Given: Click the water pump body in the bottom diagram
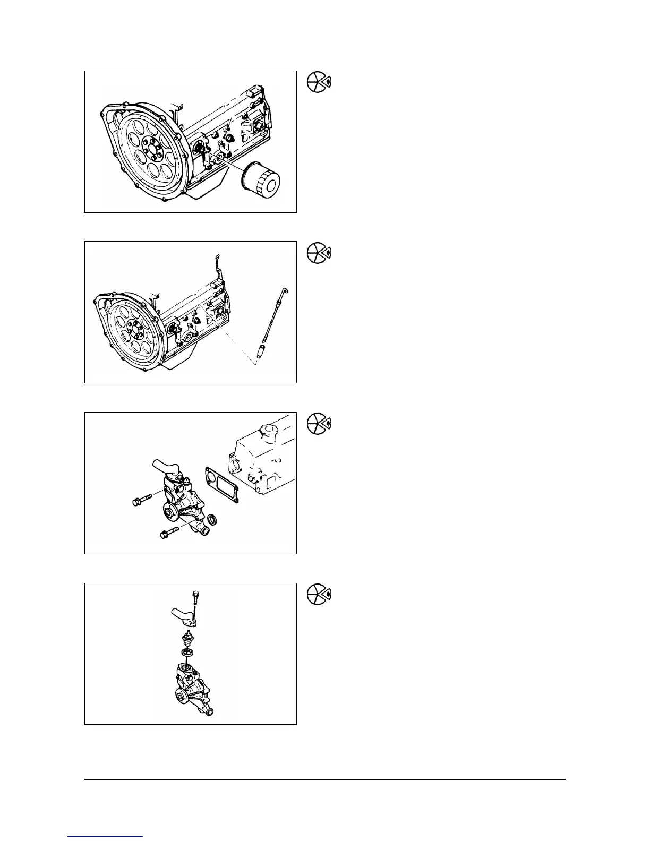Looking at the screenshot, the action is [191, 685].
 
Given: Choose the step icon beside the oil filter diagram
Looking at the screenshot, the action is [319, 82].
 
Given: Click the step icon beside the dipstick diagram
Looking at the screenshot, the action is [319, 252].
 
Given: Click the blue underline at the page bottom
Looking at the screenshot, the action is [106, 836].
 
